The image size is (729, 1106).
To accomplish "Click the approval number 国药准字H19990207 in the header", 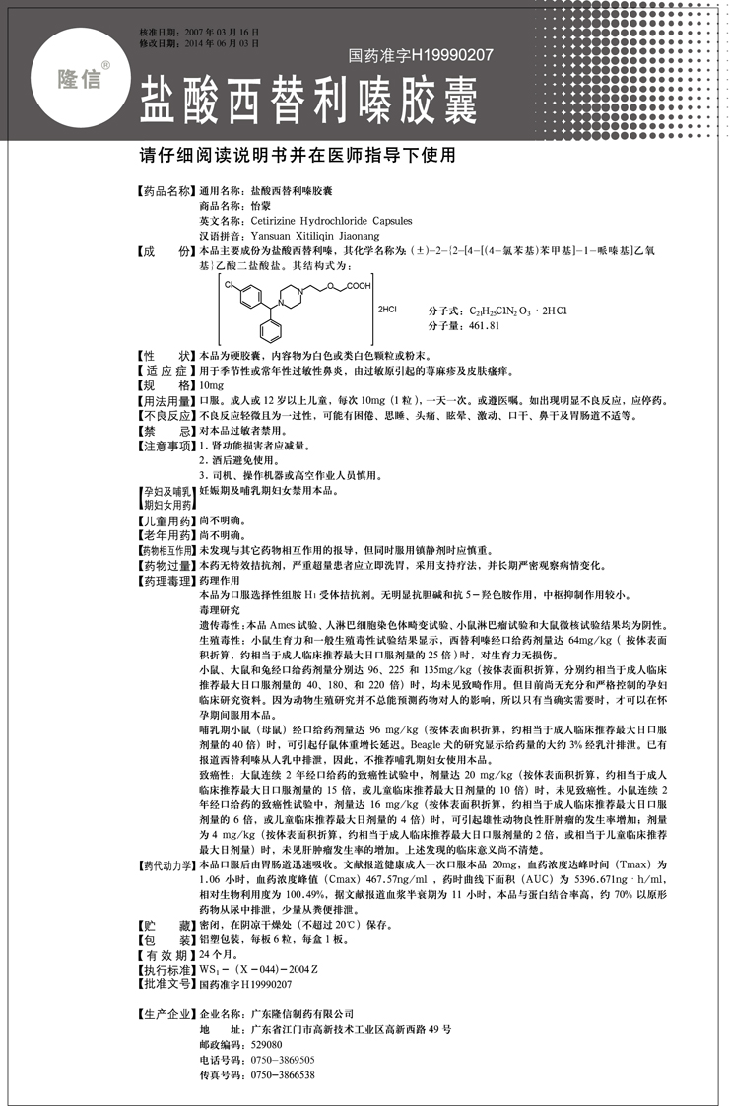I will click(x=421, y=56).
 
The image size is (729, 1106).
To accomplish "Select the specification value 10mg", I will click(x=212, y=389).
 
